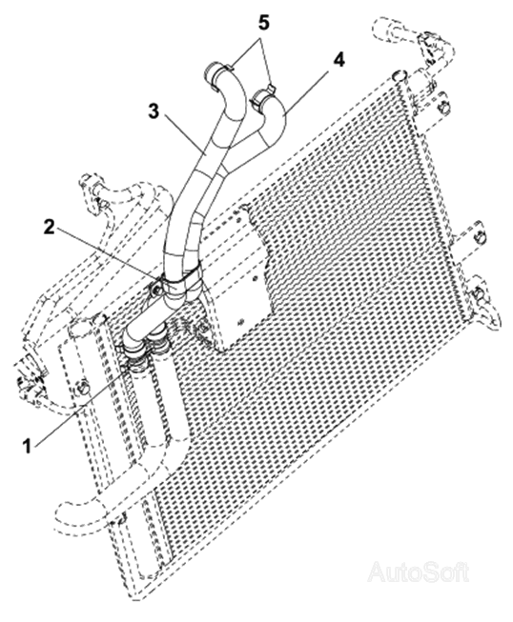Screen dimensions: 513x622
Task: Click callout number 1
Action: coord(28,447)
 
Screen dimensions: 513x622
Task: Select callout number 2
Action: coord(49,227)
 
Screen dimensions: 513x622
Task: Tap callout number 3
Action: coord(154,111)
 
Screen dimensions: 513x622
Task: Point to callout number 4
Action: coord(339,60)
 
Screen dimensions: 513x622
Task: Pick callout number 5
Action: coord(263,23)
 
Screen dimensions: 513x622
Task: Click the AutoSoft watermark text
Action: coord(419,572)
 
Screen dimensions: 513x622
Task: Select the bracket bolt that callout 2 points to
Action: coord(157,291)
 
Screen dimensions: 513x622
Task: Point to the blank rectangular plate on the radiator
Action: coord(239,278)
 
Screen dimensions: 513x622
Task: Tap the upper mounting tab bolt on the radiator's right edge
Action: coord(444,107)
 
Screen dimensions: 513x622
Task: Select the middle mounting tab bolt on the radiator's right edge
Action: coord(480,237)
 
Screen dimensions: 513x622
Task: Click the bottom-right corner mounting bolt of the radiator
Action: coord(480,294)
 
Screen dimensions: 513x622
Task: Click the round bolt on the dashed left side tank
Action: coord(83,387)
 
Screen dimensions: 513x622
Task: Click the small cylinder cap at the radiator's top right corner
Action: coord(399,74)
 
